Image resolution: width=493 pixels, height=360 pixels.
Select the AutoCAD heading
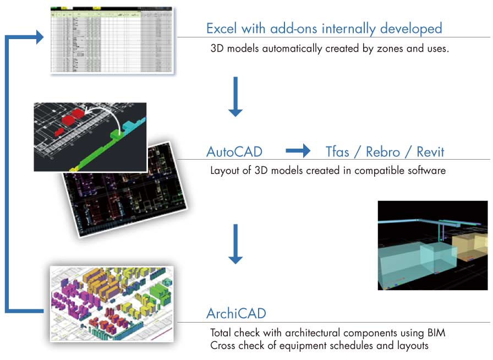pos(234,151)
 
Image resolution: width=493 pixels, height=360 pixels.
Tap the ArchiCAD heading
pos(236,314)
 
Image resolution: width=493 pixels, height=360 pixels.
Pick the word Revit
pos(430,151)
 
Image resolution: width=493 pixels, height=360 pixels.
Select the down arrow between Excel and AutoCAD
pos(235,96)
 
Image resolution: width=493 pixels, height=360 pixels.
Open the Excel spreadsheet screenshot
pos(112,40)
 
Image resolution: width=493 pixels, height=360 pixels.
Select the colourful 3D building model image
pos(112,303)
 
